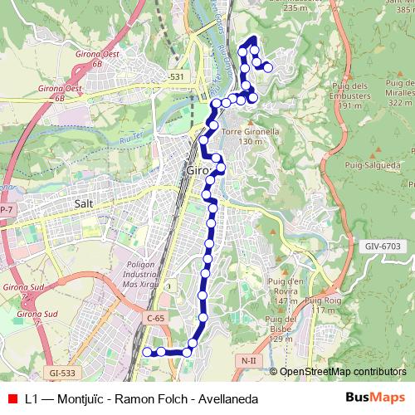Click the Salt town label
83,203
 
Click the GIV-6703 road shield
381,247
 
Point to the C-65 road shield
156,317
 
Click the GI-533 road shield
61,374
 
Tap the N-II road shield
249,360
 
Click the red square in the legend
12,399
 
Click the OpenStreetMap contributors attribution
342,371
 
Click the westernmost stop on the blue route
148,351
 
